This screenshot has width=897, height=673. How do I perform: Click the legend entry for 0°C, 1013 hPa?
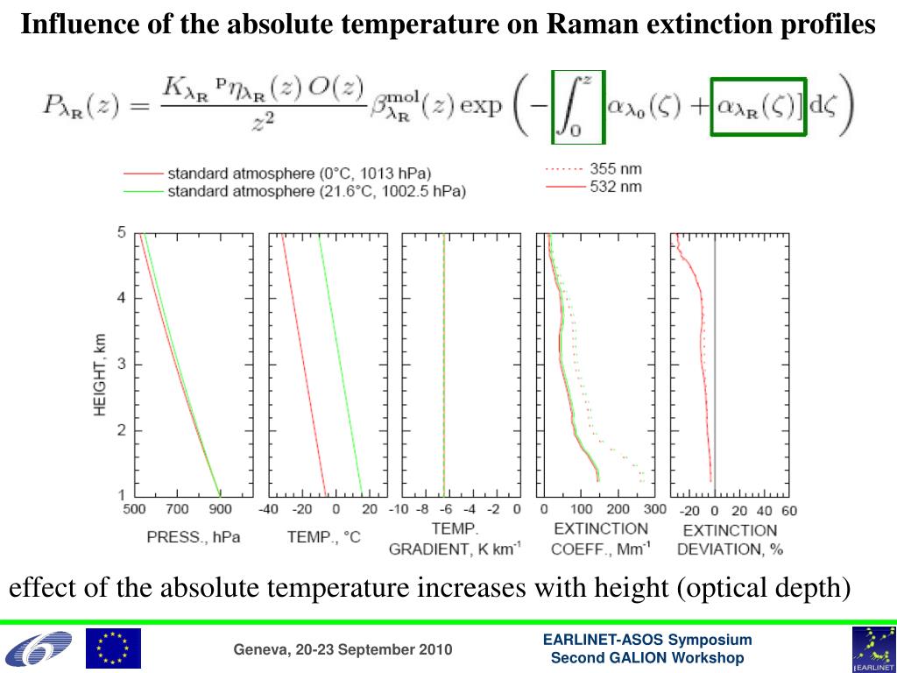coord(299,174)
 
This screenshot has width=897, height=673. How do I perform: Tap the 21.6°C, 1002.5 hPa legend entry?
coord(316,191)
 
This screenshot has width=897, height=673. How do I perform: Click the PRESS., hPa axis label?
coord(193,536)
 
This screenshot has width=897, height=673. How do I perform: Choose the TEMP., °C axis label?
coord(323,536)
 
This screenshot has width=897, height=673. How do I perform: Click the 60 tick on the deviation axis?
coord(789,510)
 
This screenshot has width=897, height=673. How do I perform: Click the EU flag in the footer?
coord(112,648)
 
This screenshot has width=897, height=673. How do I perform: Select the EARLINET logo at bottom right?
coord(873,649)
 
